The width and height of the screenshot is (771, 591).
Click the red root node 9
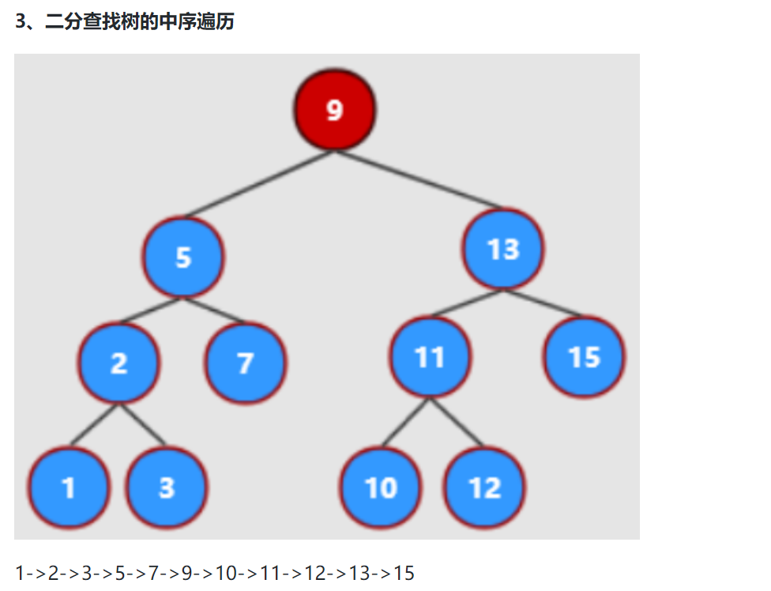[x=334, y=110]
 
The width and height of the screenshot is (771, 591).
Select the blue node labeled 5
[x=183, y=257]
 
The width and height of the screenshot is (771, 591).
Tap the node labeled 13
[x=503, y=249]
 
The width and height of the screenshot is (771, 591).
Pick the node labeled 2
[x=118, y=363]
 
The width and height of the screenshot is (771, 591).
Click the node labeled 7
[x=245, y=363]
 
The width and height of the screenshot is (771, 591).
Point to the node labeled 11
[x=431, y=357]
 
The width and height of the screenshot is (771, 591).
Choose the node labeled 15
[x=585, y=357]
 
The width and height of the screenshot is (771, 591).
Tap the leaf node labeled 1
[x=69, y=487]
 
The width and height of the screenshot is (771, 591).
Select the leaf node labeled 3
[x=166, y=487]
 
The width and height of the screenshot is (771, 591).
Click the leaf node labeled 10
[x=381, y=487]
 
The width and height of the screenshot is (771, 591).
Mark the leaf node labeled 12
[x=485, y=487]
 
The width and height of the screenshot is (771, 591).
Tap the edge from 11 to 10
[x=405, y=423]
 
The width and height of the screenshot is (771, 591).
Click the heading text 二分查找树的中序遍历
[x=140, y=22]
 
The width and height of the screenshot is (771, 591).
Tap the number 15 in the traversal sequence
[x=404, y=573]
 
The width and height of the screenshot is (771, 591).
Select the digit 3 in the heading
[x=21, y=22]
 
